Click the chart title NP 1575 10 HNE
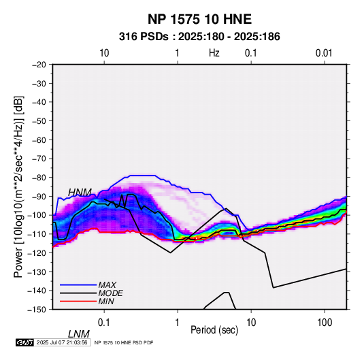199,19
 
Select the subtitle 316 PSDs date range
199,37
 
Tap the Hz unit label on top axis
214,53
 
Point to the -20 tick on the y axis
39,65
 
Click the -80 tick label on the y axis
39,178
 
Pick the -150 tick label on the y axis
37,310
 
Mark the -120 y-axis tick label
37,252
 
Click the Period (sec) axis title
214,330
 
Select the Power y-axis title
18,186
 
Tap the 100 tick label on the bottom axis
325,323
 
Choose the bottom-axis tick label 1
178,323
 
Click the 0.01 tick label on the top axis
324,53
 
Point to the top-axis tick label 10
104,53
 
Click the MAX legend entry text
107,284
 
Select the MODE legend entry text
110,293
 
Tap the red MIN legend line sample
78,301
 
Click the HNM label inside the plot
80,193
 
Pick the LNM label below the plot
79,334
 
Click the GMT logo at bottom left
24,342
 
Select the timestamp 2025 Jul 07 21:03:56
62,342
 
